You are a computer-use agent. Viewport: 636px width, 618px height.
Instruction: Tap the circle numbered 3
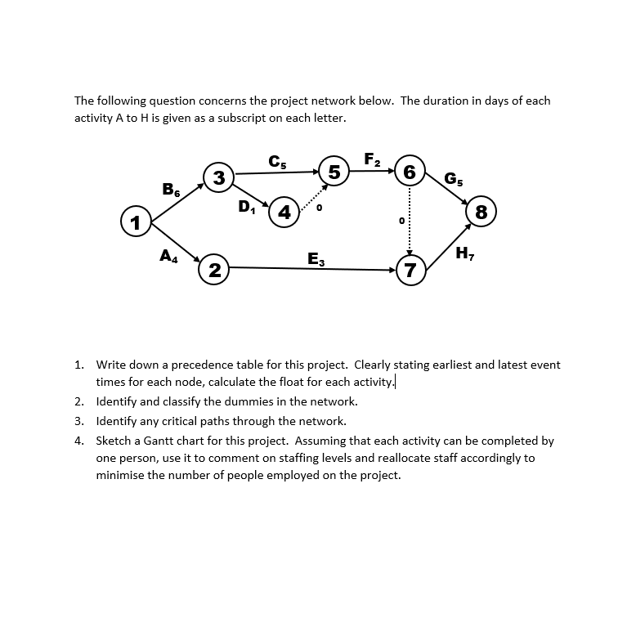pyautogui.click(x=218, y=177)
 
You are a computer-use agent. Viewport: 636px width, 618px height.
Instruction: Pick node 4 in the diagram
pyautogui.click(x=284, y=212)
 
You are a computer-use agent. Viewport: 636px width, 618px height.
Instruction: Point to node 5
pyautogui.click(x=334, y=172)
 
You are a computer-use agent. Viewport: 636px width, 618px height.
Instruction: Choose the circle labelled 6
pyautogui.click(x=410, y=172)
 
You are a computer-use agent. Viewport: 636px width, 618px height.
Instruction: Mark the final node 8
pyautogui.click(x=481, y=213)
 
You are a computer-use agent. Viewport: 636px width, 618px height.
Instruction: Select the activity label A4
pyautogui.click(x=169, y=255)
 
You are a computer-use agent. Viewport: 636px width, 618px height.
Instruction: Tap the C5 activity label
pyautogui.click(x=277, y=162)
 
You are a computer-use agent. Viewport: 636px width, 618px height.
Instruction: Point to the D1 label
pyautogui.click(x=247, y=206)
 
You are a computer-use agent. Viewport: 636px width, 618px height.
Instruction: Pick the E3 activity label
pyautogui.click(x=316, y=260)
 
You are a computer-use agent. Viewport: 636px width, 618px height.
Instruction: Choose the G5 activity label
pyautogui.click(x=452, y=178)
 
